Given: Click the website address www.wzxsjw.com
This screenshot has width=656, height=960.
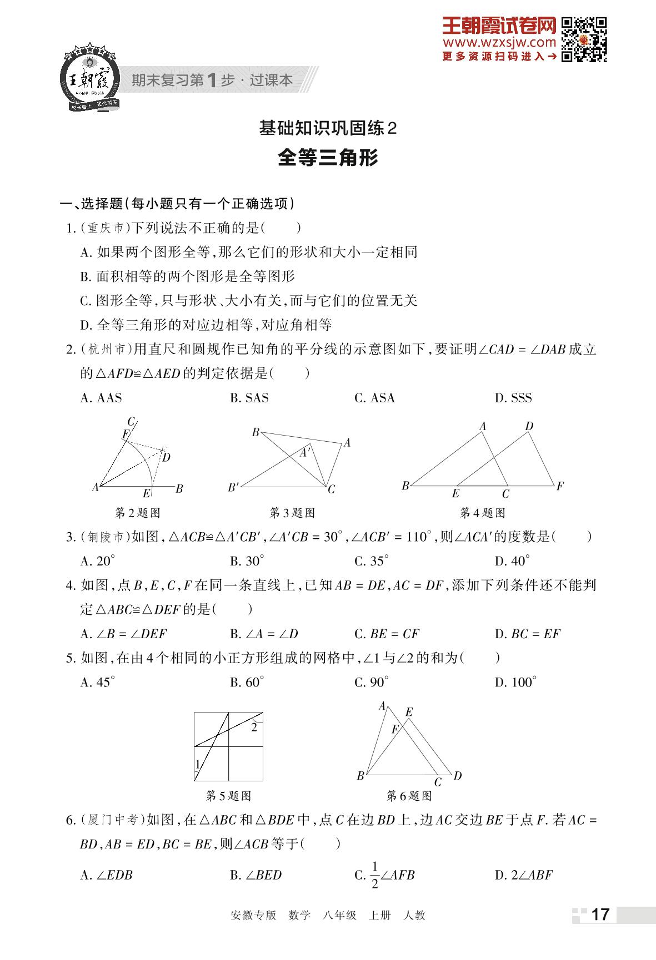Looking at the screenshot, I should pos(499,43).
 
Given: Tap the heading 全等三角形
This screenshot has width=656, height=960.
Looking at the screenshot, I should pos(328,158).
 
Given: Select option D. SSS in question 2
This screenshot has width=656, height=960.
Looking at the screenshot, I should pos(513,398).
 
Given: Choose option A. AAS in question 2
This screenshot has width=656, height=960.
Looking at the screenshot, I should pos(101,398).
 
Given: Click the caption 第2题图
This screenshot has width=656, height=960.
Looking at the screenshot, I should pos(137,513).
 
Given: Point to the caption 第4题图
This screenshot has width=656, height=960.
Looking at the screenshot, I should pos(482,513).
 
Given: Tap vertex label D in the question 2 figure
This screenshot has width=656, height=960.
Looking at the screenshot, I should pos(166,457).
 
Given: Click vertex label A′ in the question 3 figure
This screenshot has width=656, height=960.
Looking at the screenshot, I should pos(305,453).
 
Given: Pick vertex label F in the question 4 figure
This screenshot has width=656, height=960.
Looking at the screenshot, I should pos(560,486).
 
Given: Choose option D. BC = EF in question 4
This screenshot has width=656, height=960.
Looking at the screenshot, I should pos(527,634).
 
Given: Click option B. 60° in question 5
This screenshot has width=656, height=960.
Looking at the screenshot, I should pos(247,683).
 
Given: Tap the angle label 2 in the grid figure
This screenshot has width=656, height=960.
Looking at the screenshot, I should pos(254,727).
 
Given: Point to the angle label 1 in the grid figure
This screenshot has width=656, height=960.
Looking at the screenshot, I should pos(198,765).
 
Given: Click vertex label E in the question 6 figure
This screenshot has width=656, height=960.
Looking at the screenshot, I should pos(409,713).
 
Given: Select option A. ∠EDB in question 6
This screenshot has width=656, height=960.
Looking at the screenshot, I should pos(106,875).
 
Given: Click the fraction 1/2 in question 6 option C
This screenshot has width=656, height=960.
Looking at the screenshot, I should pos(374,875).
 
